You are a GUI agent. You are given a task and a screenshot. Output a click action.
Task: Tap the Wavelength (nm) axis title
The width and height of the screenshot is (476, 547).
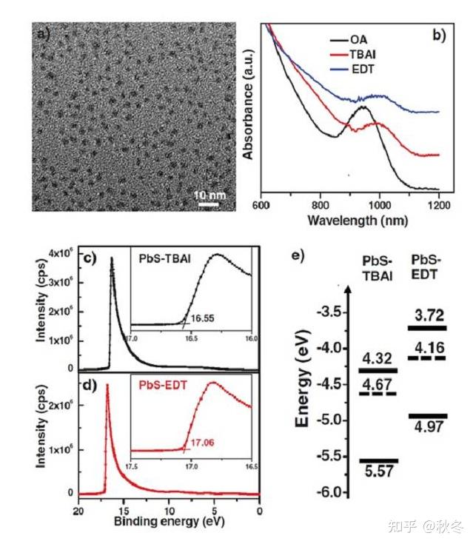[x=352, y=221]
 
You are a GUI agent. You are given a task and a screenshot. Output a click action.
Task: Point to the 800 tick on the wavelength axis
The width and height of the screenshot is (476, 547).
[x=320, y=204]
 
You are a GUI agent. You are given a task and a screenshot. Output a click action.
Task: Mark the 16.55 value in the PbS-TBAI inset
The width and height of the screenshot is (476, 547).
[x=202, y=317]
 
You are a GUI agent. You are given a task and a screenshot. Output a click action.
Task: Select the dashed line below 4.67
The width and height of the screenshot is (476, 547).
[x=378, y=393]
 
